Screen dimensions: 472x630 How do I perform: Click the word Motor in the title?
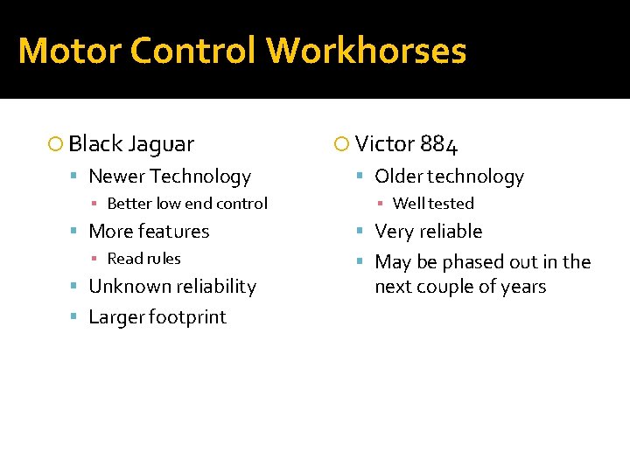69,51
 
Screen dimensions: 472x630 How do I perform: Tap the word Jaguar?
160,143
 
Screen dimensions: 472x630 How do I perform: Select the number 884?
438,144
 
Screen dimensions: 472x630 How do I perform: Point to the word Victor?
385,144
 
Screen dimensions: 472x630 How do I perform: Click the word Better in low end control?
129,204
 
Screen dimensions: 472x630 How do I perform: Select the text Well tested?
433,204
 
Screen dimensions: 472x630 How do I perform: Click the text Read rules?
143,259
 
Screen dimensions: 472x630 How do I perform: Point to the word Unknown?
124,287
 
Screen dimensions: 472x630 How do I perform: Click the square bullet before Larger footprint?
77,317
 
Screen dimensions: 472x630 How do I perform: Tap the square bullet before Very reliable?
363,232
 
